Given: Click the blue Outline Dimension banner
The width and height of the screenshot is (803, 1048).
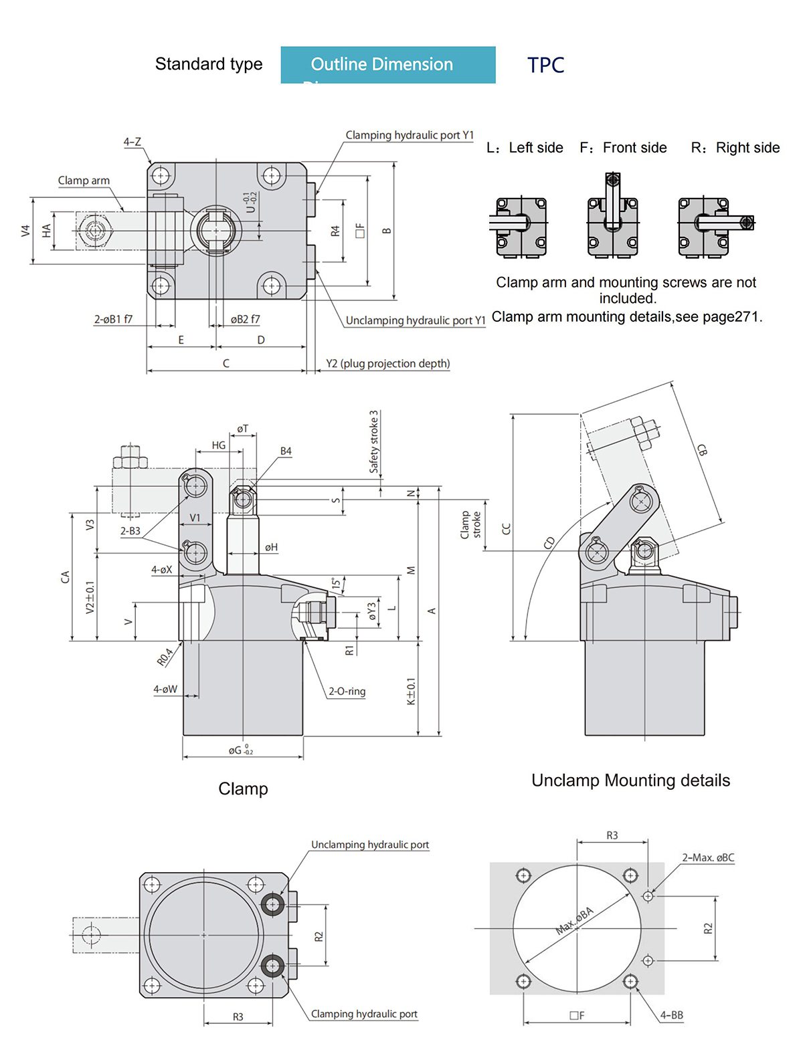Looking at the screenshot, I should click(x=388, y=64).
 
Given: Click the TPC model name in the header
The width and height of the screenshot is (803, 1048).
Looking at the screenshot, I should click(x=545, y=65).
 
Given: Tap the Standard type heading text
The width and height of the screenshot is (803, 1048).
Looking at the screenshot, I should click(x=209, y=64).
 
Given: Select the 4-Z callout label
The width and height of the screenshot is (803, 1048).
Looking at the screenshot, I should click(x=132, y=142).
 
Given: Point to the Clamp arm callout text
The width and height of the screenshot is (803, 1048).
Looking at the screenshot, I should click(x=84, y=181).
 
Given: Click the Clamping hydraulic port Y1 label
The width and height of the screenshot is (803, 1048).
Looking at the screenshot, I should click(x=409, y=135).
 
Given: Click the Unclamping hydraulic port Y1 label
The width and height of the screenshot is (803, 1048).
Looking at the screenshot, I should click(x=415, y=320).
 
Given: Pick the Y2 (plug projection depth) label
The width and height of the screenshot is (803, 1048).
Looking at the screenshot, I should click(x=387, y=363).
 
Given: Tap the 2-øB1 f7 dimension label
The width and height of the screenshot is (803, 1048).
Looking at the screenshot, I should click(x=113, y=319).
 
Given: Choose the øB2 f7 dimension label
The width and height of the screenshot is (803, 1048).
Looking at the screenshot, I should click(x=245, y=319).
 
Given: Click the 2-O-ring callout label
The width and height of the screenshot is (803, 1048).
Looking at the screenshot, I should click(x=347, y=691).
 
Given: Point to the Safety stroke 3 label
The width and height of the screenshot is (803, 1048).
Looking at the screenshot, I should click(x=374, y=441).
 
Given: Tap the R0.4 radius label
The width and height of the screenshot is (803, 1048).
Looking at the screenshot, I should click(x=165, y=657).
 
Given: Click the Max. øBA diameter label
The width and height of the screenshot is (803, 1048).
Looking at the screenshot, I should click(x=575, y=921).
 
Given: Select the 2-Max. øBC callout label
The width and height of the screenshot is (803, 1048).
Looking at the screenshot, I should click(x=708, y=857).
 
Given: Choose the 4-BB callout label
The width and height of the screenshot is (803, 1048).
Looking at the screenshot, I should click(x=671, y=1015).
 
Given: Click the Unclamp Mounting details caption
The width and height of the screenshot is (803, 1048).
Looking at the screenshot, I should click(x=630, y=780).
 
